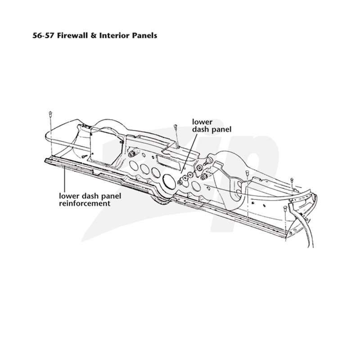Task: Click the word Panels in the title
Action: click(144, 36)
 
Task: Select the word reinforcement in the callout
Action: click(85, 203)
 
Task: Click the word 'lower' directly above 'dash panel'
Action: click(202, 121)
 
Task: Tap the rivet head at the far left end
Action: click(50, 113)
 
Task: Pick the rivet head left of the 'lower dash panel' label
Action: click(175, 126)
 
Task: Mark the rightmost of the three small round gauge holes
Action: click(156, 173)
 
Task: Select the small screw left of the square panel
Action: click(84, 156)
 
